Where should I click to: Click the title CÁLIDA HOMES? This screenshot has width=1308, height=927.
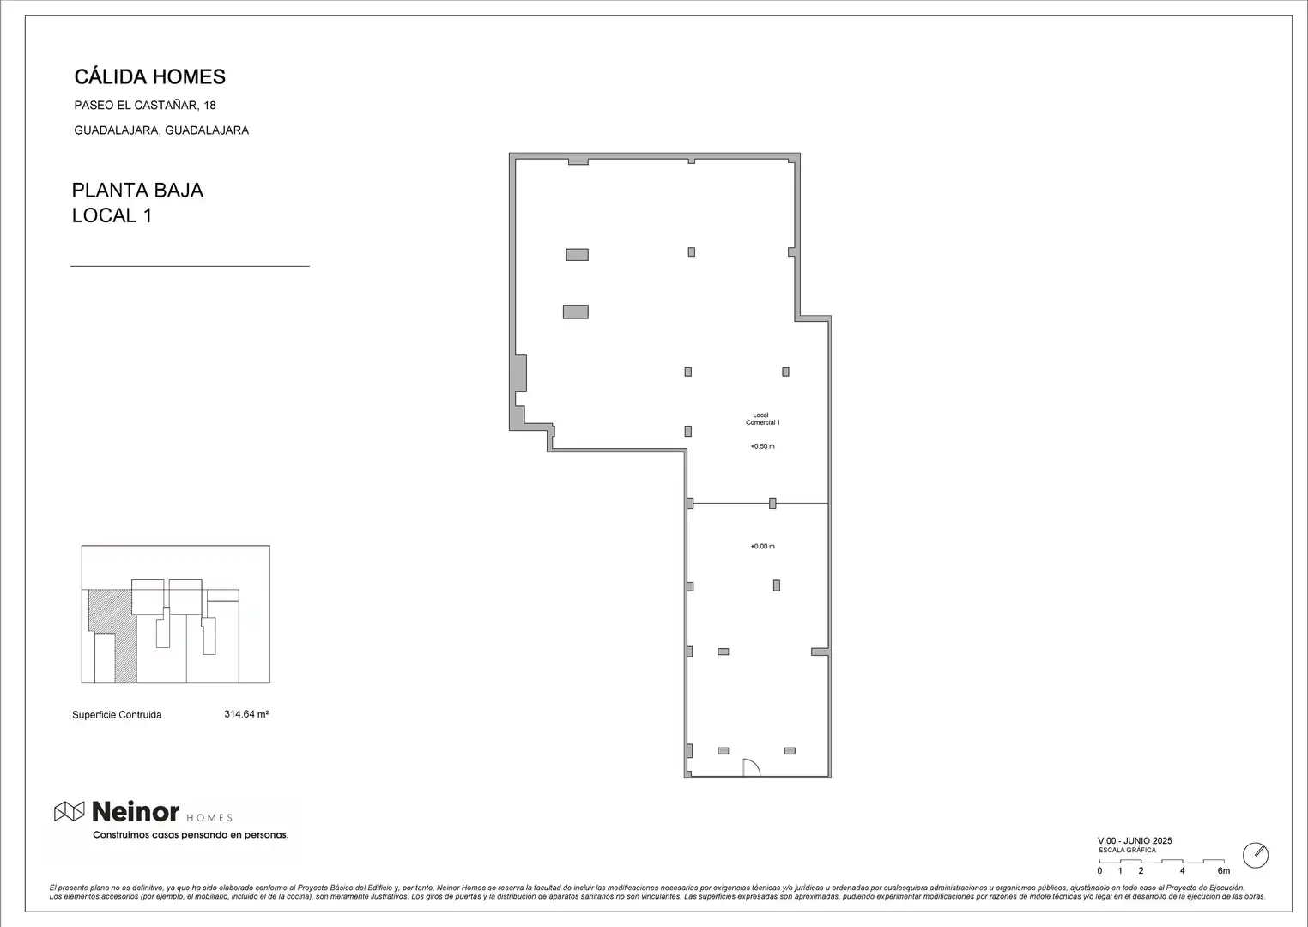(149, 76)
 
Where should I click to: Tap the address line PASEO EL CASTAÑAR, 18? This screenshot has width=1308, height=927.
(145, 105)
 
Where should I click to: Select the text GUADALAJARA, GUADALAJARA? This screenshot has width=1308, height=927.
(161, 130)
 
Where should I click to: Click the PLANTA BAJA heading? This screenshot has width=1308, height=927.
(137, 191)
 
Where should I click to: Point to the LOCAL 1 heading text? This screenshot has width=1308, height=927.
(112, 215)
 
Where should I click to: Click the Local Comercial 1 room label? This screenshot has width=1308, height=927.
(763, 419)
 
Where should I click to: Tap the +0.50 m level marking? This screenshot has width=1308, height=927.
(763, 446)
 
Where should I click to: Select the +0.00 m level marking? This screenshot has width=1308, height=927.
(763, 547)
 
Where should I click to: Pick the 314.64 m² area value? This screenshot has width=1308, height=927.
(246, 714)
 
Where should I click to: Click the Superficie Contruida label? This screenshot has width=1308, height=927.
(117, 715)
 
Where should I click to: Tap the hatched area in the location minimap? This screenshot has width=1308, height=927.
(119, 637)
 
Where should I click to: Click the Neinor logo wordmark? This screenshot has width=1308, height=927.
(136, 812)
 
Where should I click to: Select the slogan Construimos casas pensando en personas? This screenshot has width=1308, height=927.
(191, 835)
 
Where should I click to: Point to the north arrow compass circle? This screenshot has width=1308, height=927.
(1256, 856)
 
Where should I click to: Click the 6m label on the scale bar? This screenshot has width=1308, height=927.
(1223, 871)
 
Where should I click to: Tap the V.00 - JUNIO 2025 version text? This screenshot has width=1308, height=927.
(1135, 840)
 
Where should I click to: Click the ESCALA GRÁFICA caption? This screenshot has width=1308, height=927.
(1128, 850)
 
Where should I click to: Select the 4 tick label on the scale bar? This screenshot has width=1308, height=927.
(1183, 871)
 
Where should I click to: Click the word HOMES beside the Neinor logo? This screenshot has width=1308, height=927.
(209, 818)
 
